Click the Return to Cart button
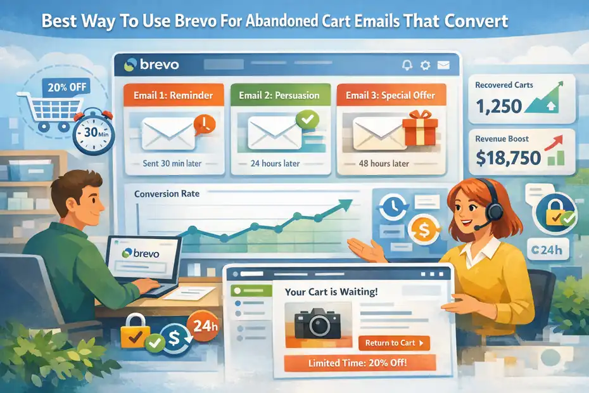[x=393, y=343]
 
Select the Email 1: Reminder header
[x=174, y=96]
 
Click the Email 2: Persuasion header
[x=279, y=96]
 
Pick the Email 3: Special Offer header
[x=390, y=96]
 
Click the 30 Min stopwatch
[x=92, y=133]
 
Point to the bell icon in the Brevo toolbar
[x=407, y=65]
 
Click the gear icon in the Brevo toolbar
[x=425, y=65]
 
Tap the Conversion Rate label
[x=167, y=193]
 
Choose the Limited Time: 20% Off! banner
[x=358, y=363]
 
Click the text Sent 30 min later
[x=172, y=164]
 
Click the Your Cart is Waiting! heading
[x=332, y=293]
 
